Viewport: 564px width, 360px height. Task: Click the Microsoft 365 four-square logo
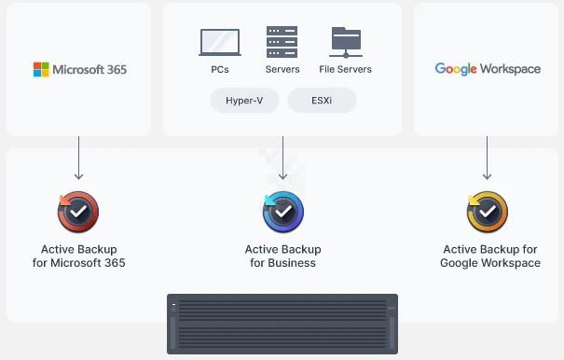click(x=41, y=69)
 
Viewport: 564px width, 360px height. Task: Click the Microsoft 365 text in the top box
click(x=89, y=69)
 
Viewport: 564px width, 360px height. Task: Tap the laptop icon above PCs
click(x=220, y=42)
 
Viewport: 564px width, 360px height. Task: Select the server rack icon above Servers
click(x=282, y=42)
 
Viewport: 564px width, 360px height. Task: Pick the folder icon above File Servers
click(x=346, y=42)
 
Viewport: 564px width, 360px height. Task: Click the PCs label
click(x=220, y=69)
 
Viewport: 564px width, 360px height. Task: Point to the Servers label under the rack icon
click(x=282, y=69)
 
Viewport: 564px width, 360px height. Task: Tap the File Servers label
click(x=345, y=69)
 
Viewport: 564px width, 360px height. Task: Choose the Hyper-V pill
click(x=245, y=101)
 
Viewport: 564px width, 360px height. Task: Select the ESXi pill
click(x=322, y=101)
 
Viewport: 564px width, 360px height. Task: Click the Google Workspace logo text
click(x=488, y=69)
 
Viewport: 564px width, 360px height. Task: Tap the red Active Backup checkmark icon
click(x=78, y=212)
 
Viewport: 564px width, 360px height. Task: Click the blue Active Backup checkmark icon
click(x=283, y=212)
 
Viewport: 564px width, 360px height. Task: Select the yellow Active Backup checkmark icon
click(x=488, y=212)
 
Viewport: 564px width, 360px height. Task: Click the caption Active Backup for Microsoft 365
click(x=78, y=256)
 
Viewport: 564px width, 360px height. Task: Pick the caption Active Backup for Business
click(x=282, y=256)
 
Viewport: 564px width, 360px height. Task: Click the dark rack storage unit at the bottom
click(x=282, y=324)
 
